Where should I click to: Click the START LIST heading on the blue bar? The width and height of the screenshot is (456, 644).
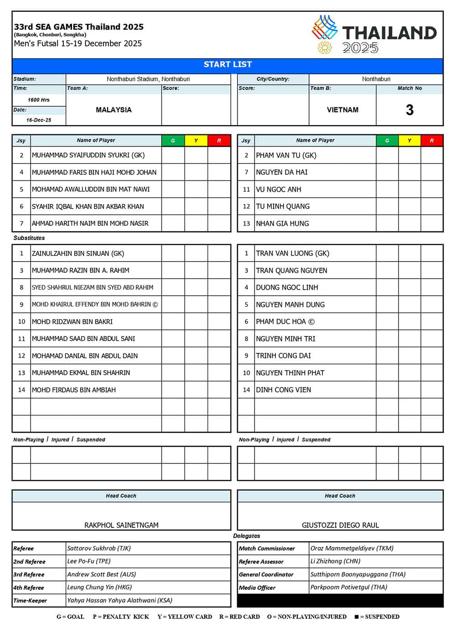(228, 65)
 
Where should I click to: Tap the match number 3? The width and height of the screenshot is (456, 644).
(409, 110)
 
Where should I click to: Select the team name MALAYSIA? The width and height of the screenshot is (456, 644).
(114, 110)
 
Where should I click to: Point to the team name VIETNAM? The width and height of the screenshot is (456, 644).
(342, 110)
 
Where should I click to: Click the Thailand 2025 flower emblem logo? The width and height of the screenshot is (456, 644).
(325, 47)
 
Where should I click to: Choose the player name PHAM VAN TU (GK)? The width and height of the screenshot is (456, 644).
(286, 155)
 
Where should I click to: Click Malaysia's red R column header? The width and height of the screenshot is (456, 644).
(219, 141)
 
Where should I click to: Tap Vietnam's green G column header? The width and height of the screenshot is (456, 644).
(387, 141)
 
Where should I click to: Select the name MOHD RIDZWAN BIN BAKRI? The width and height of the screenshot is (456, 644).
(72, 322)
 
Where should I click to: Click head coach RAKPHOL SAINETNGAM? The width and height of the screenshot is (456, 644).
(121, 525)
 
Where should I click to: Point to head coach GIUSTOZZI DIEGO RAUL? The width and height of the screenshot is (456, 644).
(340, 525)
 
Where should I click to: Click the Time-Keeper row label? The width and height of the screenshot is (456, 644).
(30, 601)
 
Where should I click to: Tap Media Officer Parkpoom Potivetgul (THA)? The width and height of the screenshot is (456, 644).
(349, 587)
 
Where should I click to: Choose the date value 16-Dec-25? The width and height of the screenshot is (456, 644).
(39, 120)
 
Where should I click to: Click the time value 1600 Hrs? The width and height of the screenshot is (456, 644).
(39, 100)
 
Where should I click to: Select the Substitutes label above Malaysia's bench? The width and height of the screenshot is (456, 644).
(29, 238)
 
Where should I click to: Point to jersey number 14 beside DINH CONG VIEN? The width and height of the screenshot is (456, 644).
(246, 390)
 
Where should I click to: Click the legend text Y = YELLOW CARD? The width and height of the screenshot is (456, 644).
(185, 617)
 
